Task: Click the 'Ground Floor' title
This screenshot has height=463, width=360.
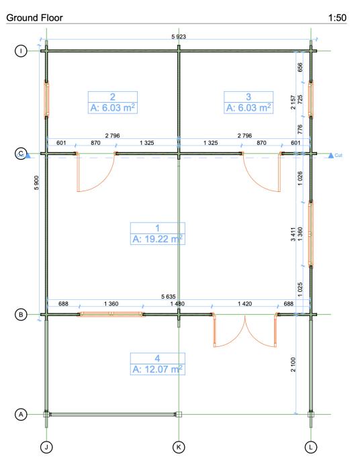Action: click(34, 17)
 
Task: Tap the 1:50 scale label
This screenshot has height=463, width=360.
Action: click(337, 17)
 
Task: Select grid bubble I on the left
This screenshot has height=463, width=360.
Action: click(21, 51)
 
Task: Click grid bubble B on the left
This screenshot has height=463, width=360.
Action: click(21, 315)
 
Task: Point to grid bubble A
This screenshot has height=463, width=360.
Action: click(21, 414)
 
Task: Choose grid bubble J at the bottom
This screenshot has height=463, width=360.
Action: click(46, 447)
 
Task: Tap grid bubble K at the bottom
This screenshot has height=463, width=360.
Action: click(179, 447)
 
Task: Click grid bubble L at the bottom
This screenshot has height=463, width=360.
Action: click(311, 447)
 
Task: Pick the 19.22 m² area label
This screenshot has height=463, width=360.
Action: click(158, 239)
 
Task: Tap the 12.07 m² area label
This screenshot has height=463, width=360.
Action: click(158, 369)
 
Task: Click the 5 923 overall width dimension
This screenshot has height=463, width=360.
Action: click(179, 37)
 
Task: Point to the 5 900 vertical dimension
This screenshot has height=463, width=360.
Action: click(36, 183)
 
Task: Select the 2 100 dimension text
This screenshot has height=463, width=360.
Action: click(293, 364)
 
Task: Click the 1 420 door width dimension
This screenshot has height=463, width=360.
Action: click(244, 303)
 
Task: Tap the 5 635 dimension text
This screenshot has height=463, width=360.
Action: click(169, 297)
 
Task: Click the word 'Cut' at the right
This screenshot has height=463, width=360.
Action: click(339, 155)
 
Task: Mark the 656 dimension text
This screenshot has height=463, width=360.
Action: click(300, 67)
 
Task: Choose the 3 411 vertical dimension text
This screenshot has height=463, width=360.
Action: click(293, 234)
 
